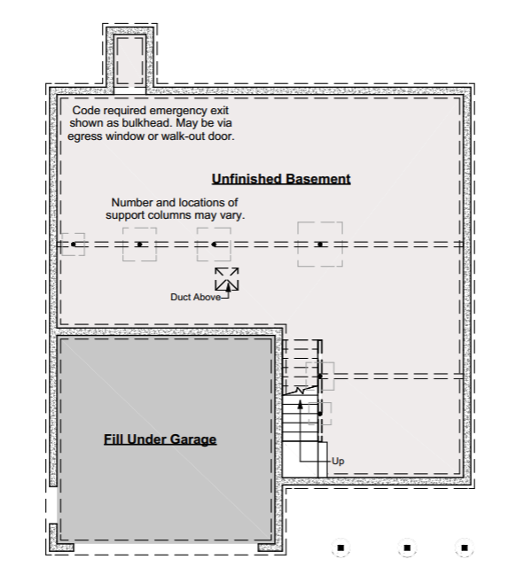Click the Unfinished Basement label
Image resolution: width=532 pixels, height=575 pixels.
coord(281,179)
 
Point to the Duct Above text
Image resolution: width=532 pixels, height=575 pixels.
coord(195,297)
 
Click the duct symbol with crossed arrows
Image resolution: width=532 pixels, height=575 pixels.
coord(227,278)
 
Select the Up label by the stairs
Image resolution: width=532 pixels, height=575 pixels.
coord(337,462)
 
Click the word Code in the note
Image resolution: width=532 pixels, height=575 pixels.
coord(88,109)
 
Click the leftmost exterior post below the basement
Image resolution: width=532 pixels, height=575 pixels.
coord(341,547)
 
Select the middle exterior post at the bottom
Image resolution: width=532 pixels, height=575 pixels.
coord(406,547)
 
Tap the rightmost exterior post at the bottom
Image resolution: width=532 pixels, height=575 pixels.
coord(462,547)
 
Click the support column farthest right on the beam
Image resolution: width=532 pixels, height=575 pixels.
coord(319,244)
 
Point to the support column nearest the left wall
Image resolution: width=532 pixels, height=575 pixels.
coord(74,244)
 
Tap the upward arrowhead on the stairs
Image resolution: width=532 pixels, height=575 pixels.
coord(300,405)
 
